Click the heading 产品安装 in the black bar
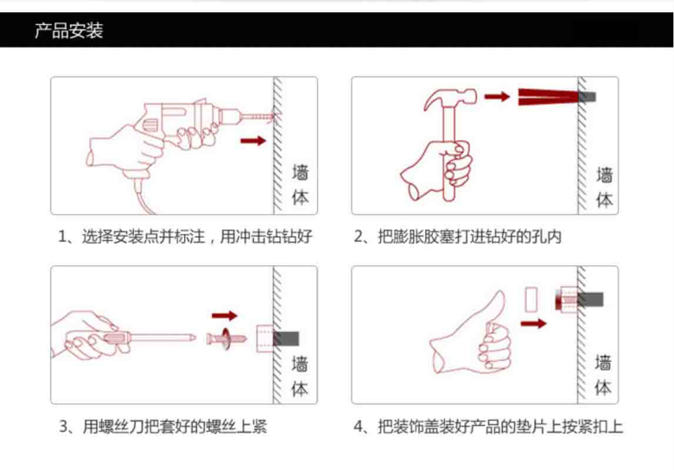tap(69, 30)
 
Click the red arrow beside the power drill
tap(253, 141)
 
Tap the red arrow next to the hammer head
tap(497, 97)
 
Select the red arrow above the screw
tap(225, 315)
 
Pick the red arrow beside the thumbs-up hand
tap(533, 323)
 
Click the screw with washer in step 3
tap(226, 339)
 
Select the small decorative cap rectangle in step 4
tap(531, 300)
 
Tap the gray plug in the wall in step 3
tap(286, 339)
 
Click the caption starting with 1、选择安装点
tap(185, 237)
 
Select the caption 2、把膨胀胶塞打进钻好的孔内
tap(457, 237)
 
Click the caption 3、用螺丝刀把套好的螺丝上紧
tap(163, 427)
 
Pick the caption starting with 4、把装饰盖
tap(488, 427)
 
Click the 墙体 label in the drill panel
tap(301, 185)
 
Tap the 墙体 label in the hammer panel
tap(604, 187)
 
